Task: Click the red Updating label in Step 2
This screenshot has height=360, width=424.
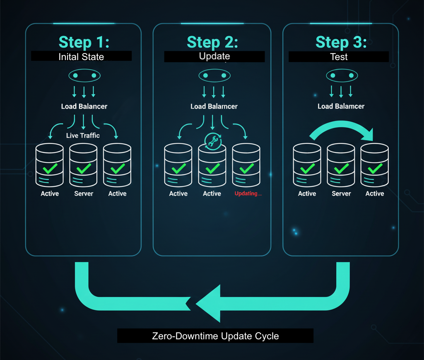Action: [248, 193]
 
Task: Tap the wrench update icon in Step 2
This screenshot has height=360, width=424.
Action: [212, 141]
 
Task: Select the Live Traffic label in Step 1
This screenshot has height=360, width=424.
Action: [83, 135]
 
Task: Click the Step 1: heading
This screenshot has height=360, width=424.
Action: [84, 42]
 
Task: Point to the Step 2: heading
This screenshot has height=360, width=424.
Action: [212, 42]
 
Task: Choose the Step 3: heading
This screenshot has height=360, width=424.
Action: [341, 42]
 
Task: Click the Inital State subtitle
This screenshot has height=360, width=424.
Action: [81, 56]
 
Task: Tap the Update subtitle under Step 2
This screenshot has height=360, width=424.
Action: [214, 56]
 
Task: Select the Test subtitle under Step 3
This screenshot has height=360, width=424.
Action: [339, 57]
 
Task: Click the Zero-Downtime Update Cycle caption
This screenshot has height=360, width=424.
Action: [215, 336]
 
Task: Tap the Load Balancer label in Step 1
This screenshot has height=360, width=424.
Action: [84, 106]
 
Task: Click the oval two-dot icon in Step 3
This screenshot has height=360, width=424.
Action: [341, 76]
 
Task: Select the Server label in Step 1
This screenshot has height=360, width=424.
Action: [84, 193]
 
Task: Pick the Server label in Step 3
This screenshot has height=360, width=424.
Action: [341, 193]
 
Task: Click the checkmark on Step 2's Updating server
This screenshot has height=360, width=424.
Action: [247, 168]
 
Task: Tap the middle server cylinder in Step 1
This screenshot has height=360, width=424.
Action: [83, 165]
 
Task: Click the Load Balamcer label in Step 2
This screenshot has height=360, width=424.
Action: [214, 106]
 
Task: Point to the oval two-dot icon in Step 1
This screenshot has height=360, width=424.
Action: [84, 76]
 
